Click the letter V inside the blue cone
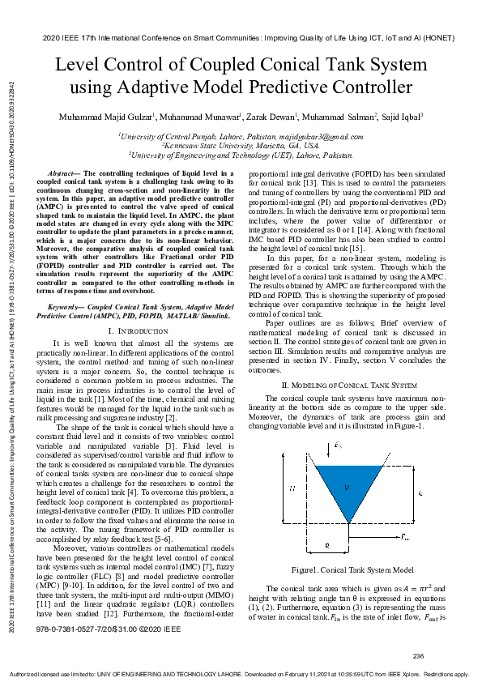point(347,487)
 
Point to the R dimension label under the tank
point(326,546)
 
